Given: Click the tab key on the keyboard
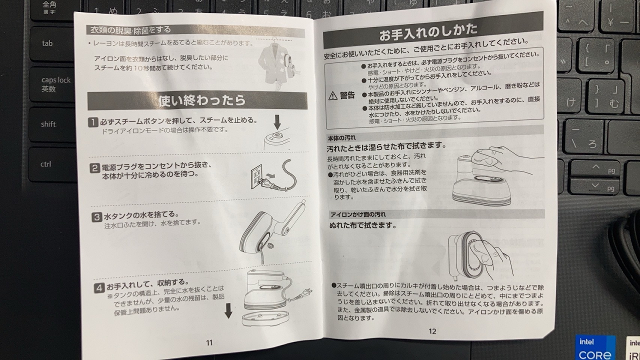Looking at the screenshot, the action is (52, 43).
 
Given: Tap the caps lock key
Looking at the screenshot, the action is (52, 84).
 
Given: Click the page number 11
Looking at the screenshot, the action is (209, 342).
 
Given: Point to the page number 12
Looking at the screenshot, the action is (432, 331).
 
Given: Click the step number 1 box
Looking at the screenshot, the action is (93, 122).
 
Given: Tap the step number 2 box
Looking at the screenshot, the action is (95, 168).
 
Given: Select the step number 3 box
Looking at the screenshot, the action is (97, 217).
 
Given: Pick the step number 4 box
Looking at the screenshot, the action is (99, 287).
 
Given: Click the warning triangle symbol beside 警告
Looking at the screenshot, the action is (333, 96).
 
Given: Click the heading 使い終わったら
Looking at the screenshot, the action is (201, 100).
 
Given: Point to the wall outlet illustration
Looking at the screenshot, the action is (256, 176).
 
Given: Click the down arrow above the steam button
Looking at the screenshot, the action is (277, 122).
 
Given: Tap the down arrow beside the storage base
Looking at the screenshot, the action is (228, 310).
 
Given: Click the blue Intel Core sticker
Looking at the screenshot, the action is (595, 347).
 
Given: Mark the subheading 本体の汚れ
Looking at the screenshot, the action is (341, 138).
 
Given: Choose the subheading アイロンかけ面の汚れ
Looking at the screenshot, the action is (358, 214).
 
